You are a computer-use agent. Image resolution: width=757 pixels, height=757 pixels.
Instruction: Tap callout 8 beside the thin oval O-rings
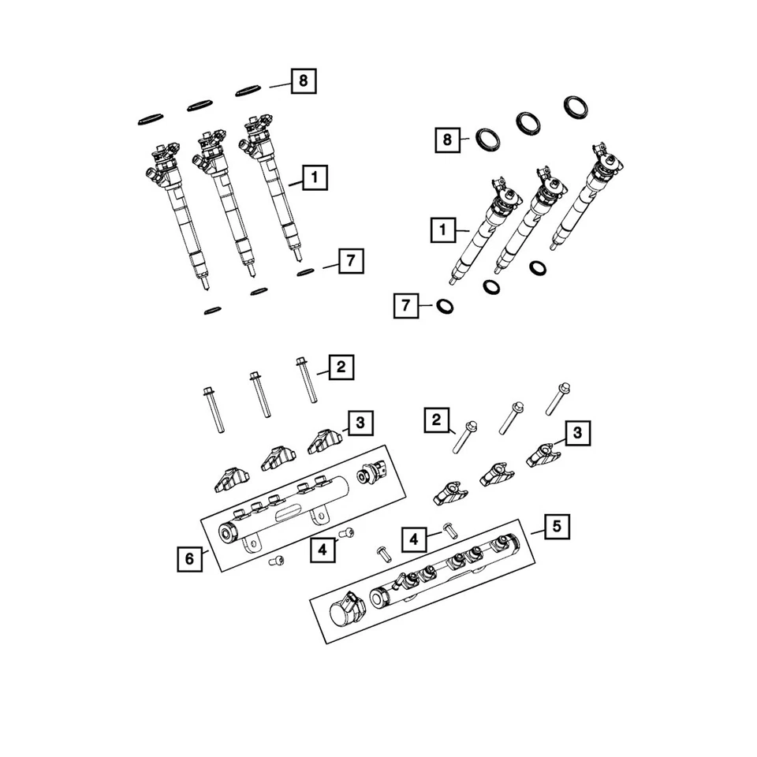[x=304, y=81]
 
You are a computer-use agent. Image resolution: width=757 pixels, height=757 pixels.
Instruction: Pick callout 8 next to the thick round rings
[x=447, y=140]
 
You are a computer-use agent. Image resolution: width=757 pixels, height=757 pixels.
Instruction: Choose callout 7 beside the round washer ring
[x=405, y=305]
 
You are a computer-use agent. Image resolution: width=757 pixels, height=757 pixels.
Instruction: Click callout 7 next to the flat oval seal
[x=351, y=261]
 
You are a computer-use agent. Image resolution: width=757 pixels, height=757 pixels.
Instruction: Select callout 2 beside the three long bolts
[x=341, y=367]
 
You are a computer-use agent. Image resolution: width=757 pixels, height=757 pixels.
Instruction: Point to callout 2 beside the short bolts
[x=434, y=421]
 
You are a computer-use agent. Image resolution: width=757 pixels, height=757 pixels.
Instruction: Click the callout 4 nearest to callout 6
[x=321, y=550]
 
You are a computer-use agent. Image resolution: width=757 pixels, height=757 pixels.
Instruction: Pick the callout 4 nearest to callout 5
[x=414, y=539]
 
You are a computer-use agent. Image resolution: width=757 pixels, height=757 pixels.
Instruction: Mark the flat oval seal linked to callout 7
[x=307, y=273]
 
